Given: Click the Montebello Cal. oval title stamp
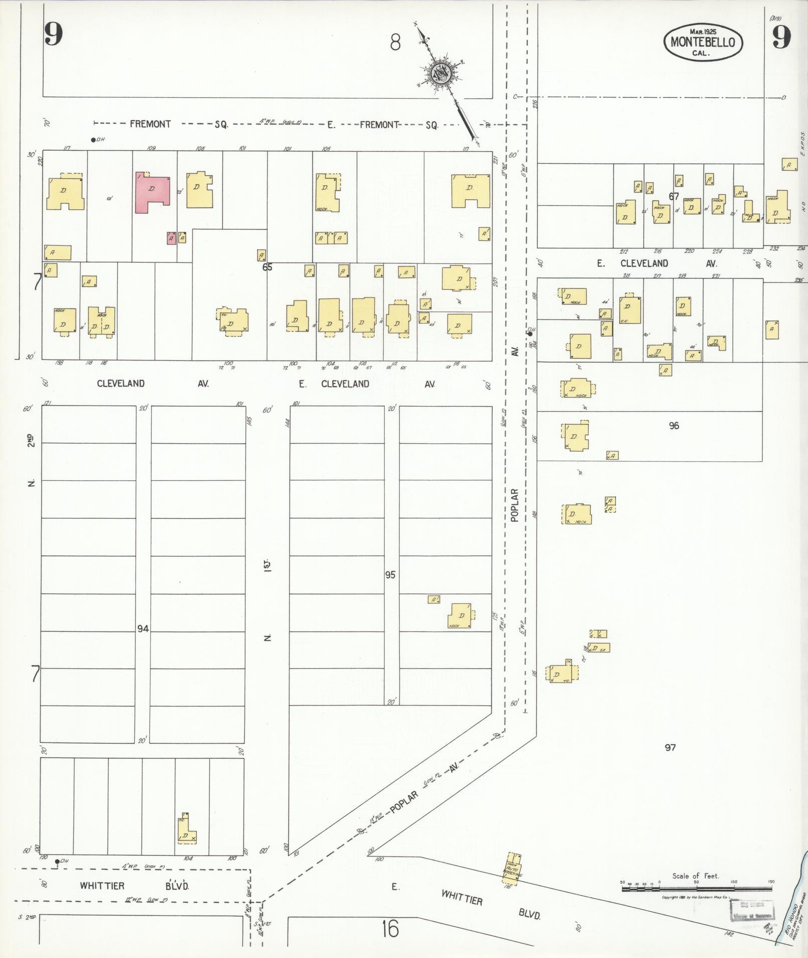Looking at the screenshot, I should point(703,43).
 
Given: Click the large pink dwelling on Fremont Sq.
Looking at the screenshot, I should point(152,192).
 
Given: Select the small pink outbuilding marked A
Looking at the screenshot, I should point(171,238).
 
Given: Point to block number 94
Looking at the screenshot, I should point(143,628).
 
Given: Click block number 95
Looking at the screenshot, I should point(390,575).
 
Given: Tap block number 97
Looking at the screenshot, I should point(670,747).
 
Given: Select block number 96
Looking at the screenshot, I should point(674,426).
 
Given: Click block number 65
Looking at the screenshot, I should point(267,267).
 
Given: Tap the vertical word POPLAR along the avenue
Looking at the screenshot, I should point(514,505).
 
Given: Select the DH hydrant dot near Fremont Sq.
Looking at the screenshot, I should point(93,140).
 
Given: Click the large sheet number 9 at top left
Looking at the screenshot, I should point(54,35).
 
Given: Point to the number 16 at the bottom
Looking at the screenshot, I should point(389,929).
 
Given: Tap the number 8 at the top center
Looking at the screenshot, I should point(395,43).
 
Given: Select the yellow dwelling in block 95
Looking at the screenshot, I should point(461,616).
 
